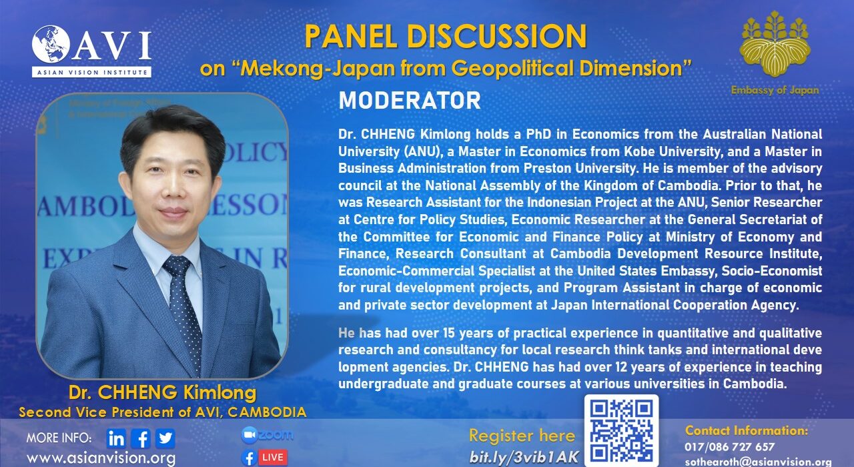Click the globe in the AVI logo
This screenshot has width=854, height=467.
[51, 44]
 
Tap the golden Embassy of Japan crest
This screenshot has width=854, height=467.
[775, 44]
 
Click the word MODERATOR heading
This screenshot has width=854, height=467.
[410, 100]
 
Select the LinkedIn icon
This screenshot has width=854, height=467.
[116, 438]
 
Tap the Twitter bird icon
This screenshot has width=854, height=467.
[165, 438]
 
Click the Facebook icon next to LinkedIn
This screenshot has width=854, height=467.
[141, 438]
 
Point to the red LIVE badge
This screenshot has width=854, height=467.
[273, 458]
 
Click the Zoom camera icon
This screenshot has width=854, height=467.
[250, 435]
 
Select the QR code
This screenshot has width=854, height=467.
[621, 431]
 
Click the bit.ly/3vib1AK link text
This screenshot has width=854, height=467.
[524, 457]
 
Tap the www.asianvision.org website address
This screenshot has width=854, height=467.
[101, 458]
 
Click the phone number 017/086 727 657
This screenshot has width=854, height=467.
[730, 446]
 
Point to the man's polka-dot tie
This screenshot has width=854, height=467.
[182, 309]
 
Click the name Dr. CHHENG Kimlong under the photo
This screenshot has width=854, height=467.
[163, 393]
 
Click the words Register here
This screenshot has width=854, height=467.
[522, 436]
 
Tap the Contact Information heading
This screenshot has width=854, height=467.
[747, 430]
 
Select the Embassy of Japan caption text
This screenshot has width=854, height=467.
[775, 90]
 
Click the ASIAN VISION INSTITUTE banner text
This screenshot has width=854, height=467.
[91, 72]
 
